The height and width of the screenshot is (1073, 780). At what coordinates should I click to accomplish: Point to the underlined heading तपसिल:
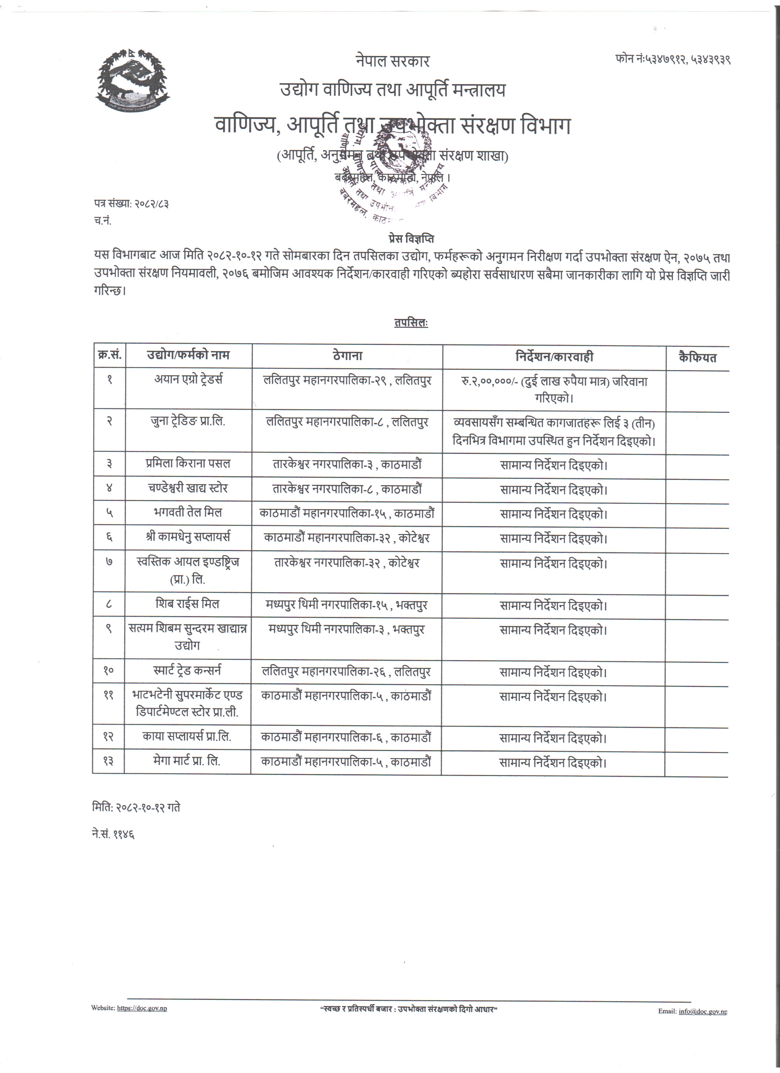[410, 323]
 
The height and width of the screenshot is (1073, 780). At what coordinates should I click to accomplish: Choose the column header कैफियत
[697, 358]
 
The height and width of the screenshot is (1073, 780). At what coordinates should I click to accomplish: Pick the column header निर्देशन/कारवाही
[554, 357]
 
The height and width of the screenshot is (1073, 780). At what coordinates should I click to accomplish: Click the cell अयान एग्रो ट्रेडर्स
[188, 379]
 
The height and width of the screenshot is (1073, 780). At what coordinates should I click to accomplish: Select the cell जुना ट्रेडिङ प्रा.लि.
[188, 421]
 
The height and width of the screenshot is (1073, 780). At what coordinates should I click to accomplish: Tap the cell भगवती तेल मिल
[188, 512]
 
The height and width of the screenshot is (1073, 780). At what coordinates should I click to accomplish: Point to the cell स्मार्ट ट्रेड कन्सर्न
[188, 670]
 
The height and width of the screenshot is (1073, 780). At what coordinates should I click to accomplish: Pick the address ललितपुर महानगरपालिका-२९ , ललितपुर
[347, 381]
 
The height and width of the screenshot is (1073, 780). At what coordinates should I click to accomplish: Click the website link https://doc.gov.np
[142, 1008]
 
